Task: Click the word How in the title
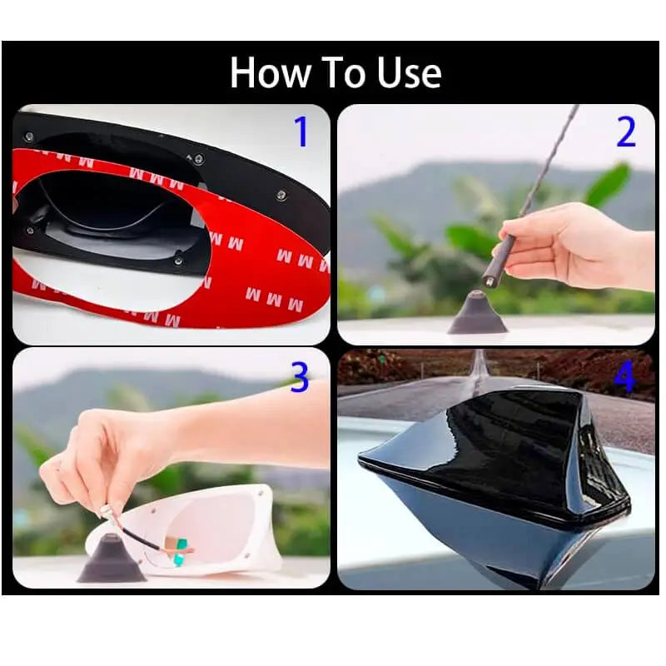pos(270,72)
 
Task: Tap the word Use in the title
pos(409,72)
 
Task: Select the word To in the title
pos(343,72)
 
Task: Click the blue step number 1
pos(301,132)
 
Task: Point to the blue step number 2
pos(626,132)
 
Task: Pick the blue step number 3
pos(300,378)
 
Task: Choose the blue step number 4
pos(624,378)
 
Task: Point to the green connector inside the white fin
pos(181,551)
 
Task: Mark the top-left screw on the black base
pos(29,137)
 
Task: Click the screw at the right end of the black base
pos(281,196)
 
